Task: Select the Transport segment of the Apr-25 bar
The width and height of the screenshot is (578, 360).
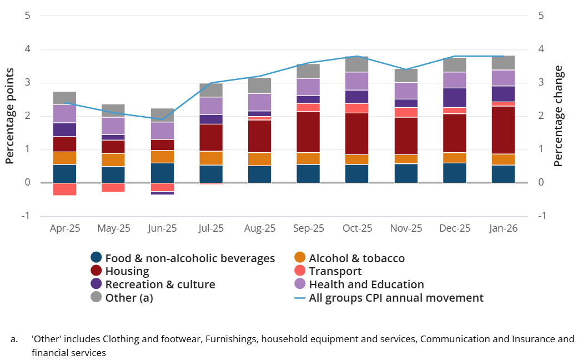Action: coord(65,189)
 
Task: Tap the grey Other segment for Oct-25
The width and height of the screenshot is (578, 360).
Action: coord(356,64)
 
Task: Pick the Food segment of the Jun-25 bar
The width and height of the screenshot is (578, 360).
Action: coord(162,172)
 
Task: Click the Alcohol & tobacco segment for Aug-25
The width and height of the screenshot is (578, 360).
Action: coord(259,159)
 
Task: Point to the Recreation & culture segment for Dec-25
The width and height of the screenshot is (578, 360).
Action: coord(454,97)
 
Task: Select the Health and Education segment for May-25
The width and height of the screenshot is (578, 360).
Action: coord(114,126)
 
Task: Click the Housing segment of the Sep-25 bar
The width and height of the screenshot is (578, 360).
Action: coord(308,132)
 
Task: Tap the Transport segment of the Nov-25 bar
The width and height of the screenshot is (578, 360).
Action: coord(405,112)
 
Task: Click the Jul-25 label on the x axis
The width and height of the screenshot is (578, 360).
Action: coord(211,228)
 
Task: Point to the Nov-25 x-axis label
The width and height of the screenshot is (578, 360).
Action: coord(405,228)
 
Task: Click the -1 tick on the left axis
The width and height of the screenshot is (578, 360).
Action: coord(26,216)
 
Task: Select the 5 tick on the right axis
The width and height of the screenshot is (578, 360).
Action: coord(541,16)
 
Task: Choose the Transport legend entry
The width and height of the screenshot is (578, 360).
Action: coord(335,271)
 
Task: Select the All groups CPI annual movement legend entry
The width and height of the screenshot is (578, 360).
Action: coord(396,298)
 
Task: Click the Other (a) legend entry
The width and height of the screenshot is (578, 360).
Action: coord(129,298)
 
